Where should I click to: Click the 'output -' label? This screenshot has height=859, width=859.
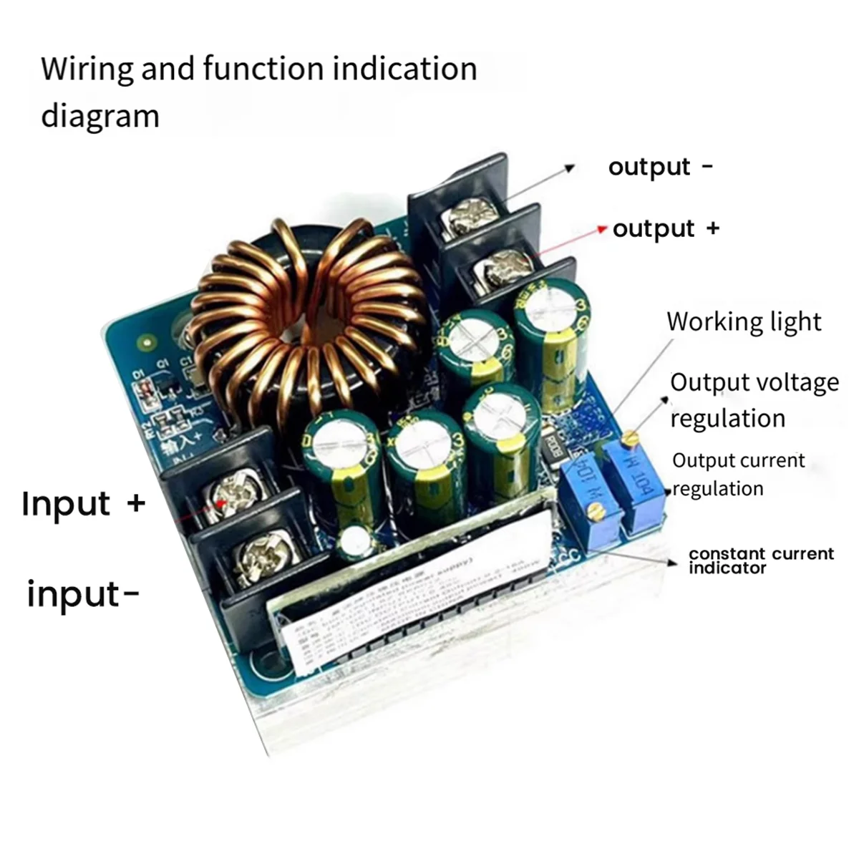point(660,168)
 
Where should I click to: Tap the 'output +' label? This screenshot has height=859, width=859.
point(666,229)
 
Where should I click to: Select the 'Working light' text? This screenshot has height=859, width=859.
point(744,322)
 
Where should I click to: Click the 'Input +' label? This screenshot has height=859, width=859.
point(83,504)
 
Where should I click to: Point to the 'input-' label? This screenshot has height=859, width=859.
point(82,594)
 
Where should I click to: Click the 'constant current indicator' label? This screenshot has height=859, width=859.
point(761,560)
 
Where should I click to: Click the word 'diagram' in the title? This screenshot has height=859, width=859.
point(100,116)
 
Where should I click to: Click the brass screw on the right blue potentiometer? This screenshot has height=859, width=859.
point(630,436)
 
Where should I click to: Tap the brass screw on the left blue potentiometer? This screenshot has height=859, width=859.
point(593,510)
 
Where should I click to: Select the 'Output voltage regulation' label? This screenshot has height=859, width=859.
point(754,400)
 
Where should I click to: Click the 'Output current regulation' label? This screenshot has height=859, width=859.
point(738,475)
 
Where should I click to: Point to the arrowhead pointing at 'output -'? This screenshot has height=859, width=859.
point(570,168)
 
